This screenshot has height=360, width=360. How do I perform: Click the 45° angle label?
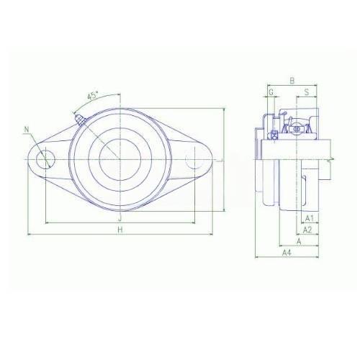point(93,96)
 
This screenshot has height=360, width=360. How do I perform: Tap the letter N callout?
point(27,130)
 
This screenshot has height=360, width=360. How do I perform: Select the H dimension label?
point(120,230)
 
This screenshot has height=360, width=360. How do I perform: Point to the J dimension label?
point(120,218)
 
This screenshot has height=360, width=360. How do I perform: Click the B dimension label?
point(292,81)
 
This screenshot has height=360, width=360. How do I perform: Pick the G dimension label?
point(271,92)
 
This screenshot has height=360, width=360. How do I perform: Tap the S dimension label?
point(307,92)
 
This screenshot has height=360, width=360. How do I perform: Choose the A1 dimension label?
point(310,218)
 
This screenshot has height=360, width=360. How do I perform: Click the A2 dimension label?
point(307,230)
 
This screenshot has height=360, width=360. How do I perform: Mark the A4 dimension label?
point(287,253)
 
